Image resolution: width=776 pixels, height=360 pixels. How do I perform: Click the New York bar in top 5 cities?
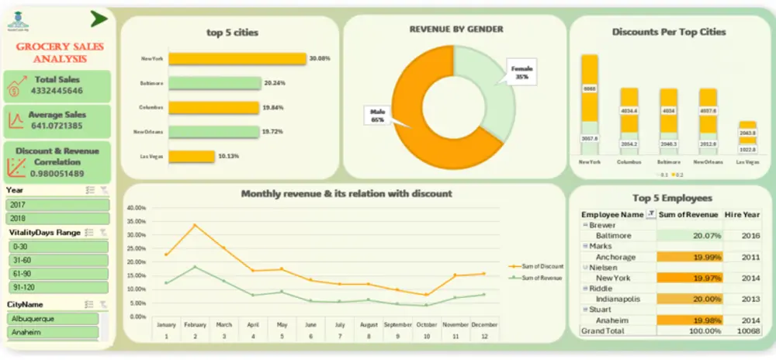click(x=237, y=58)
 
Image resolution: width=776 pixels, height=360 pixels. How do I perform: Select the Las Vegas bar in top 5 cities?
click(x=192, y=156)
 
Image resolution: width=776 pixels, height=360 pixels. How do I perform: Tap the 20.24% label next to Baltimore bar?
click(x=275, y=83)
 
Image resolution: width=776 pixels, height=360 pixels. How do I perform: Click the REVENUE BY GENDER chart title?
click(x=456, y=29)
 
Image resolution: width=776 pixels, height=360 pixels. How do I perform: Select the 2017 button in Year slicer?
click(x=57, y=205)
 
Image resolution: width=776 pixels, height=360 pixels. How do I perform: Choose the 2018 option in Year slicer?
click(x=57, y=218)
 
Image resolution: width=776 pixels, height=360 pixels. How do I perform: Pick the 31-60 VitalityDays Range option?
click(x=57, y=260)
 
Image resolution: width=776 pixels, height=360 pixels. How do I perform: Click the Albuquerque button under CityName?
click(x=53, y=319)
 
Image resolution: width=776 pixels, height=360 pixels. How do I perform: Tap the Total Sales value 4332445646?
click(x=57, y=91)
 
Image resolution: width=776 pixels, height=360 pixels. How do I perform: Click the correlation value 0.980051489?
click(x=57, y=173)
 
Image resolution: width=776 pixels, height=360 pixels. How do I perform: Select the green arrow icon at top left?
click(x=99, y=18)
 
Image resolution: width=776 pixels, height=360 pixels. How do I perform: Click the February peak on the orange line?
click(x=195, y=225)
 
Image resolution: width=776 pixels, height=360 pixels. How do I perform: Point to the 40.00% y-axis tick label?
click(x=135, y=208)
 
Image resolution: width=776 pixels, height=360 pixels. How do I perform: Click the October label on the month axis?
click(x=426, y=324)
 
